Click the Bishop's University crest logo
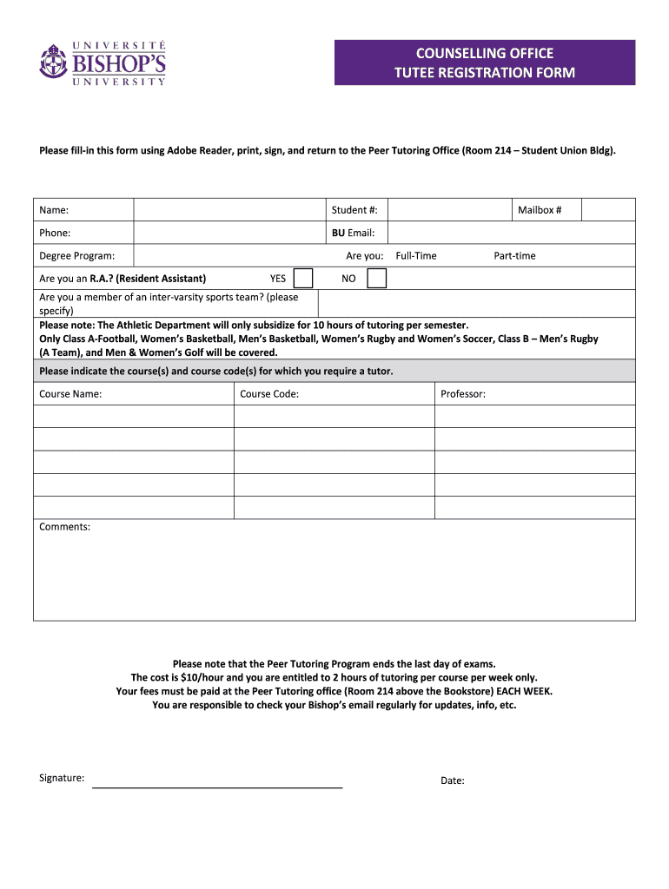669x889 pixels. click(52, 62)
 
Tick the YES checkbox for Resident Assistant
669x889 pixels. click(303, 278)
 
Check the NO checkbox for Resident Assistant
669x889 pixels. click(376, 278)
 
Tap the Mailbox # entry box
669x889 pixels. click(607, 210)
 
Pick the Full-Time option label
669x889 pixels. click(416, 256)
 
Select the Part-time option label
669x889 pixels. click(514, 256)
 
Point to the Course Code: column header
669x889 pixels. click(269, 394)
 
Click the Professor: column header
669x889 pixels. click(463, 394)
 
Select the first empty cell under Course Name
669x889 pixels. click(134, 417)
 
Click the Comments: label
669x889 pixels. click(64, 527)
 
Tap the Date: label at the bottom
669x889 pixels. click(453, 780)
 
